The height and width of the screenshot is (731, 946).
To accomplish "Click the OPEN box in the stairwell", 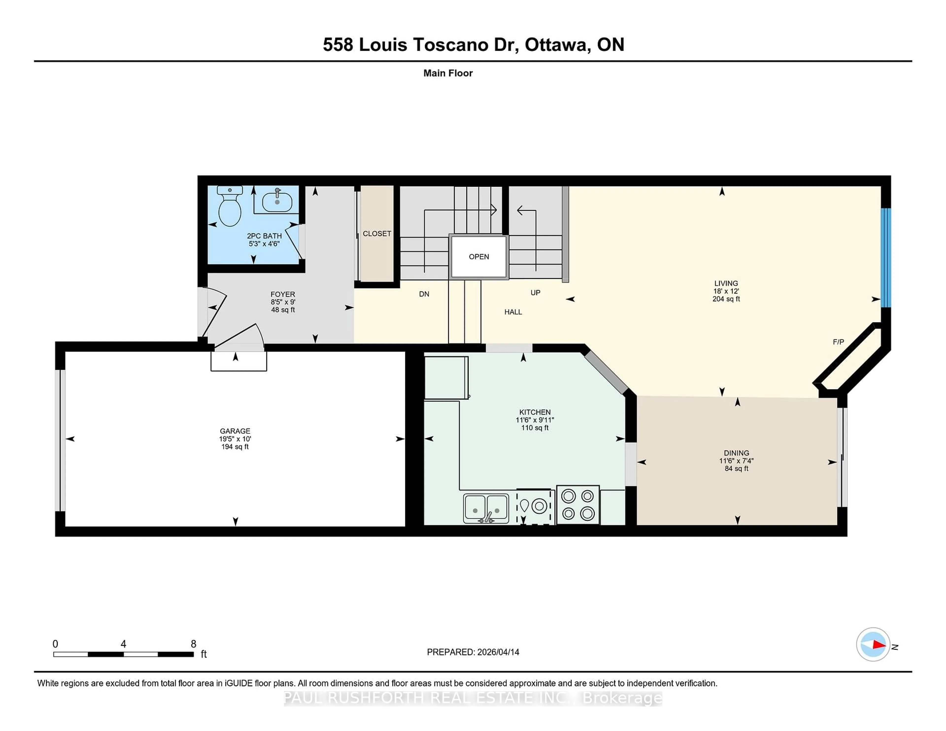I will click(479, 257).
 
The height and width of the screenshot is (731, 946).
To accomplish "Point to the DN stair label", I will click(424, 294).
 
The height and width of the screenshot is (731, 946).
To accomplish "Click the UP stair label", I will click(535, 293).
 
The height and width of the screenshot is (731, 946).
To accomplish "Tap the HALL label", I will click(513, 312).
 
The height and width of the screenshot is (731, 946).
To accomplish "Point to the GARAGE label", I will click(235, 431).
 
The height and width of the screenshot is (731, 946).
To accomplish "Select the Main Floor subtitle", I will click(448, 73).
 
